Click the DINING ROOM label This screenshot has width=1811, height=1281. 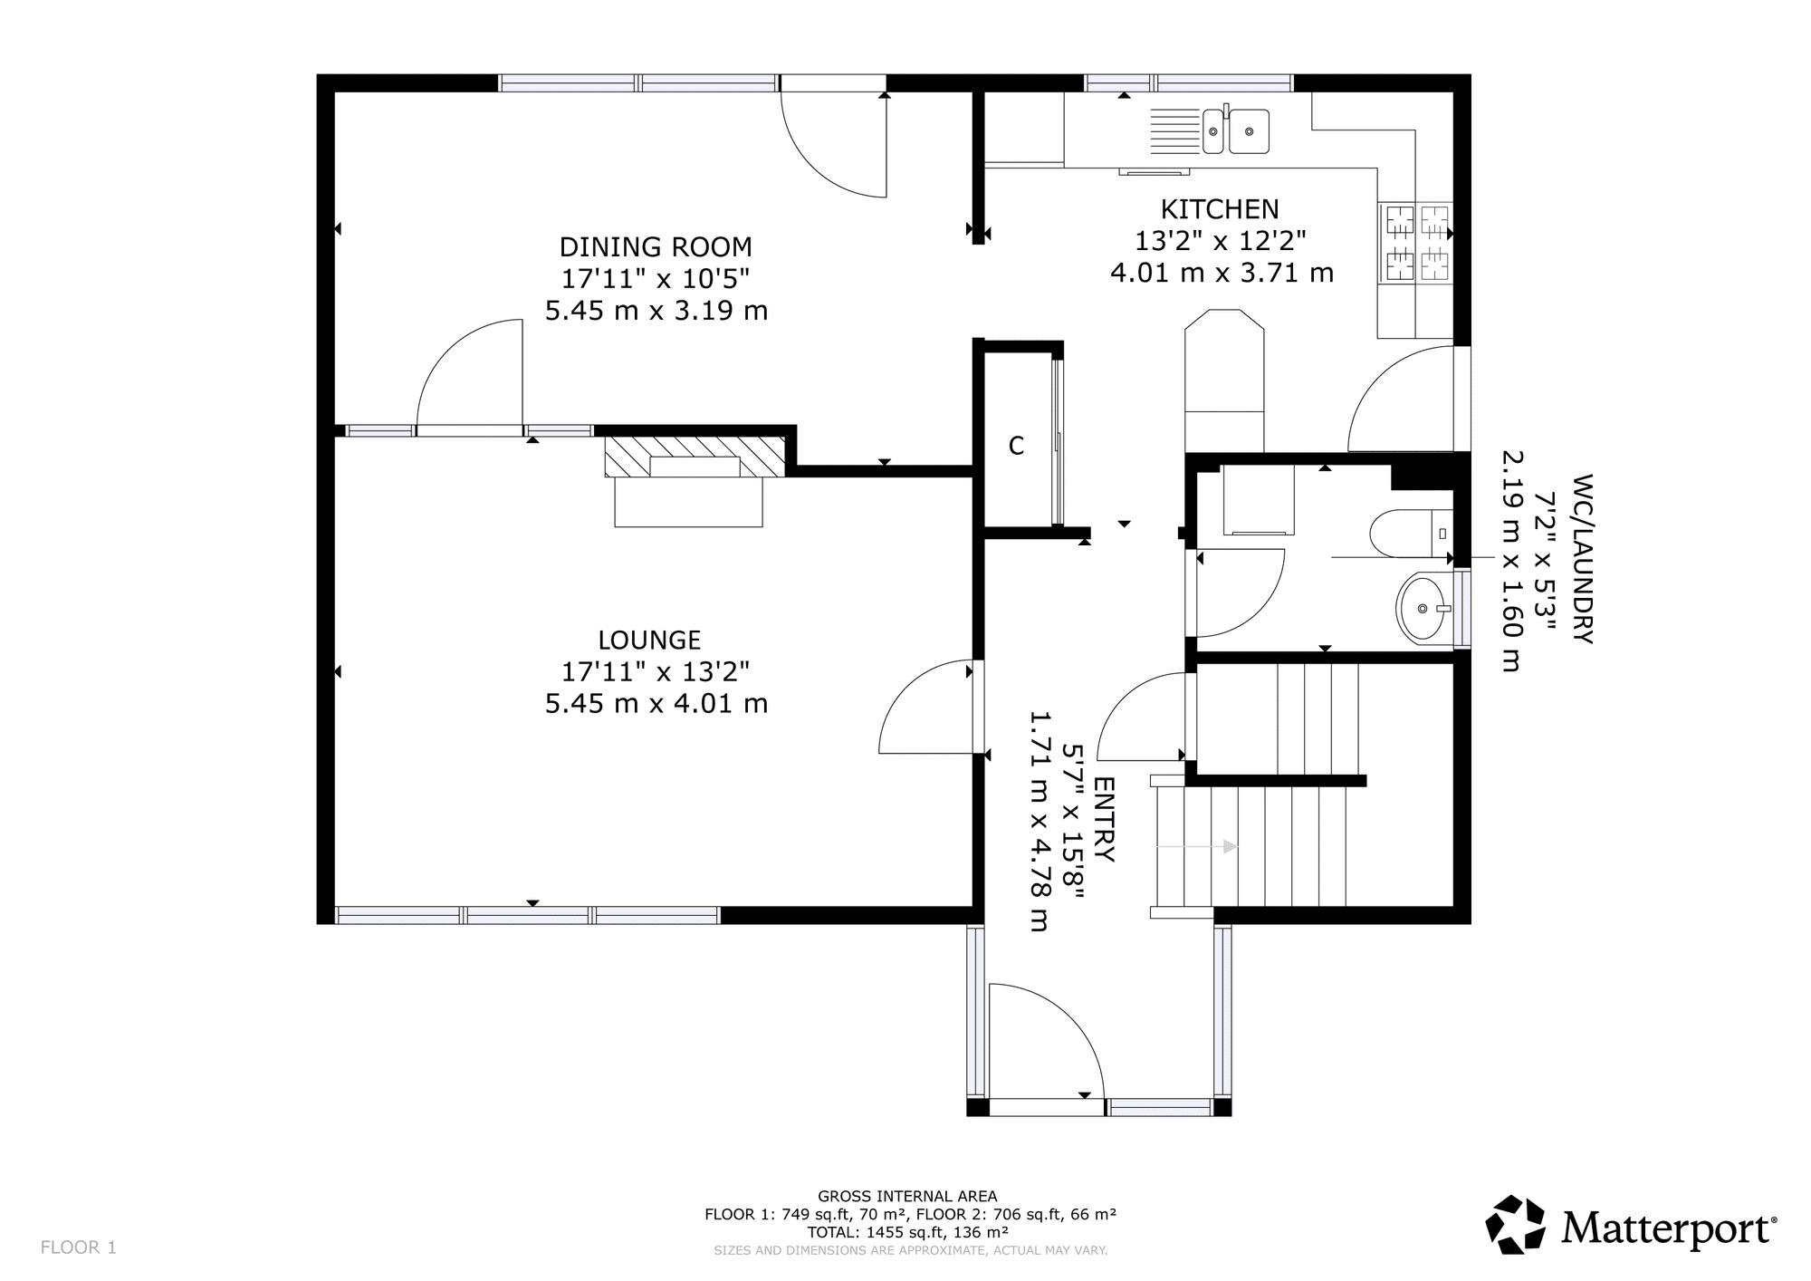click(x=656, y=246)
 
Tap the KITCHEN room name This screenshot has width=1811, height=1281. click(x=1220, y=209)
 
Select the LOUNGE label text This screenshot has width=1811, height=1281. click(x=649, y=640)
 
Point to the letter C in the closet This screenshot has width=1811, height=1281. click(x=1016, y=446)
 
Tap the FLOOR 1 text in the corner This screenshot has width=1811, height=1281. click(x=79, y=1247)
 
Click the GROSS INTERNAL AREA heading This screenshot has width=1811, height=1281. click(x=907, y=1196)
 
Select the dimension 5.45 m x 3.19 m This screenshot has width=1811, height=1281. click(x=656, y=311)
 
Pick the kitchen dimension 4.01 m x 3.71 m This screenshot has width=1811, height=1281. click(x=1222, y=273)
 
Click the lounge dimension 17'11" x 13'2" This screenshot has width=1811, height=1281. click(x=656, y=672)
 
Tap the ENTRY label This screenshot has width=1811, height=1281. click(x=1104, y=819)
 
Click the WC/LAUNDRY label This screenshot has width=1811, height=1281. click(x=1582, y=558)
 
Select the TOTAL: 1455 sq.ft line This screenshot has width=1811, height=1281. click(x=907, y=1232)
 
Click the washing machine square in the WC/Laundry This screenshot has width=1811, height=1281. click(x=1258, y=501)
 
